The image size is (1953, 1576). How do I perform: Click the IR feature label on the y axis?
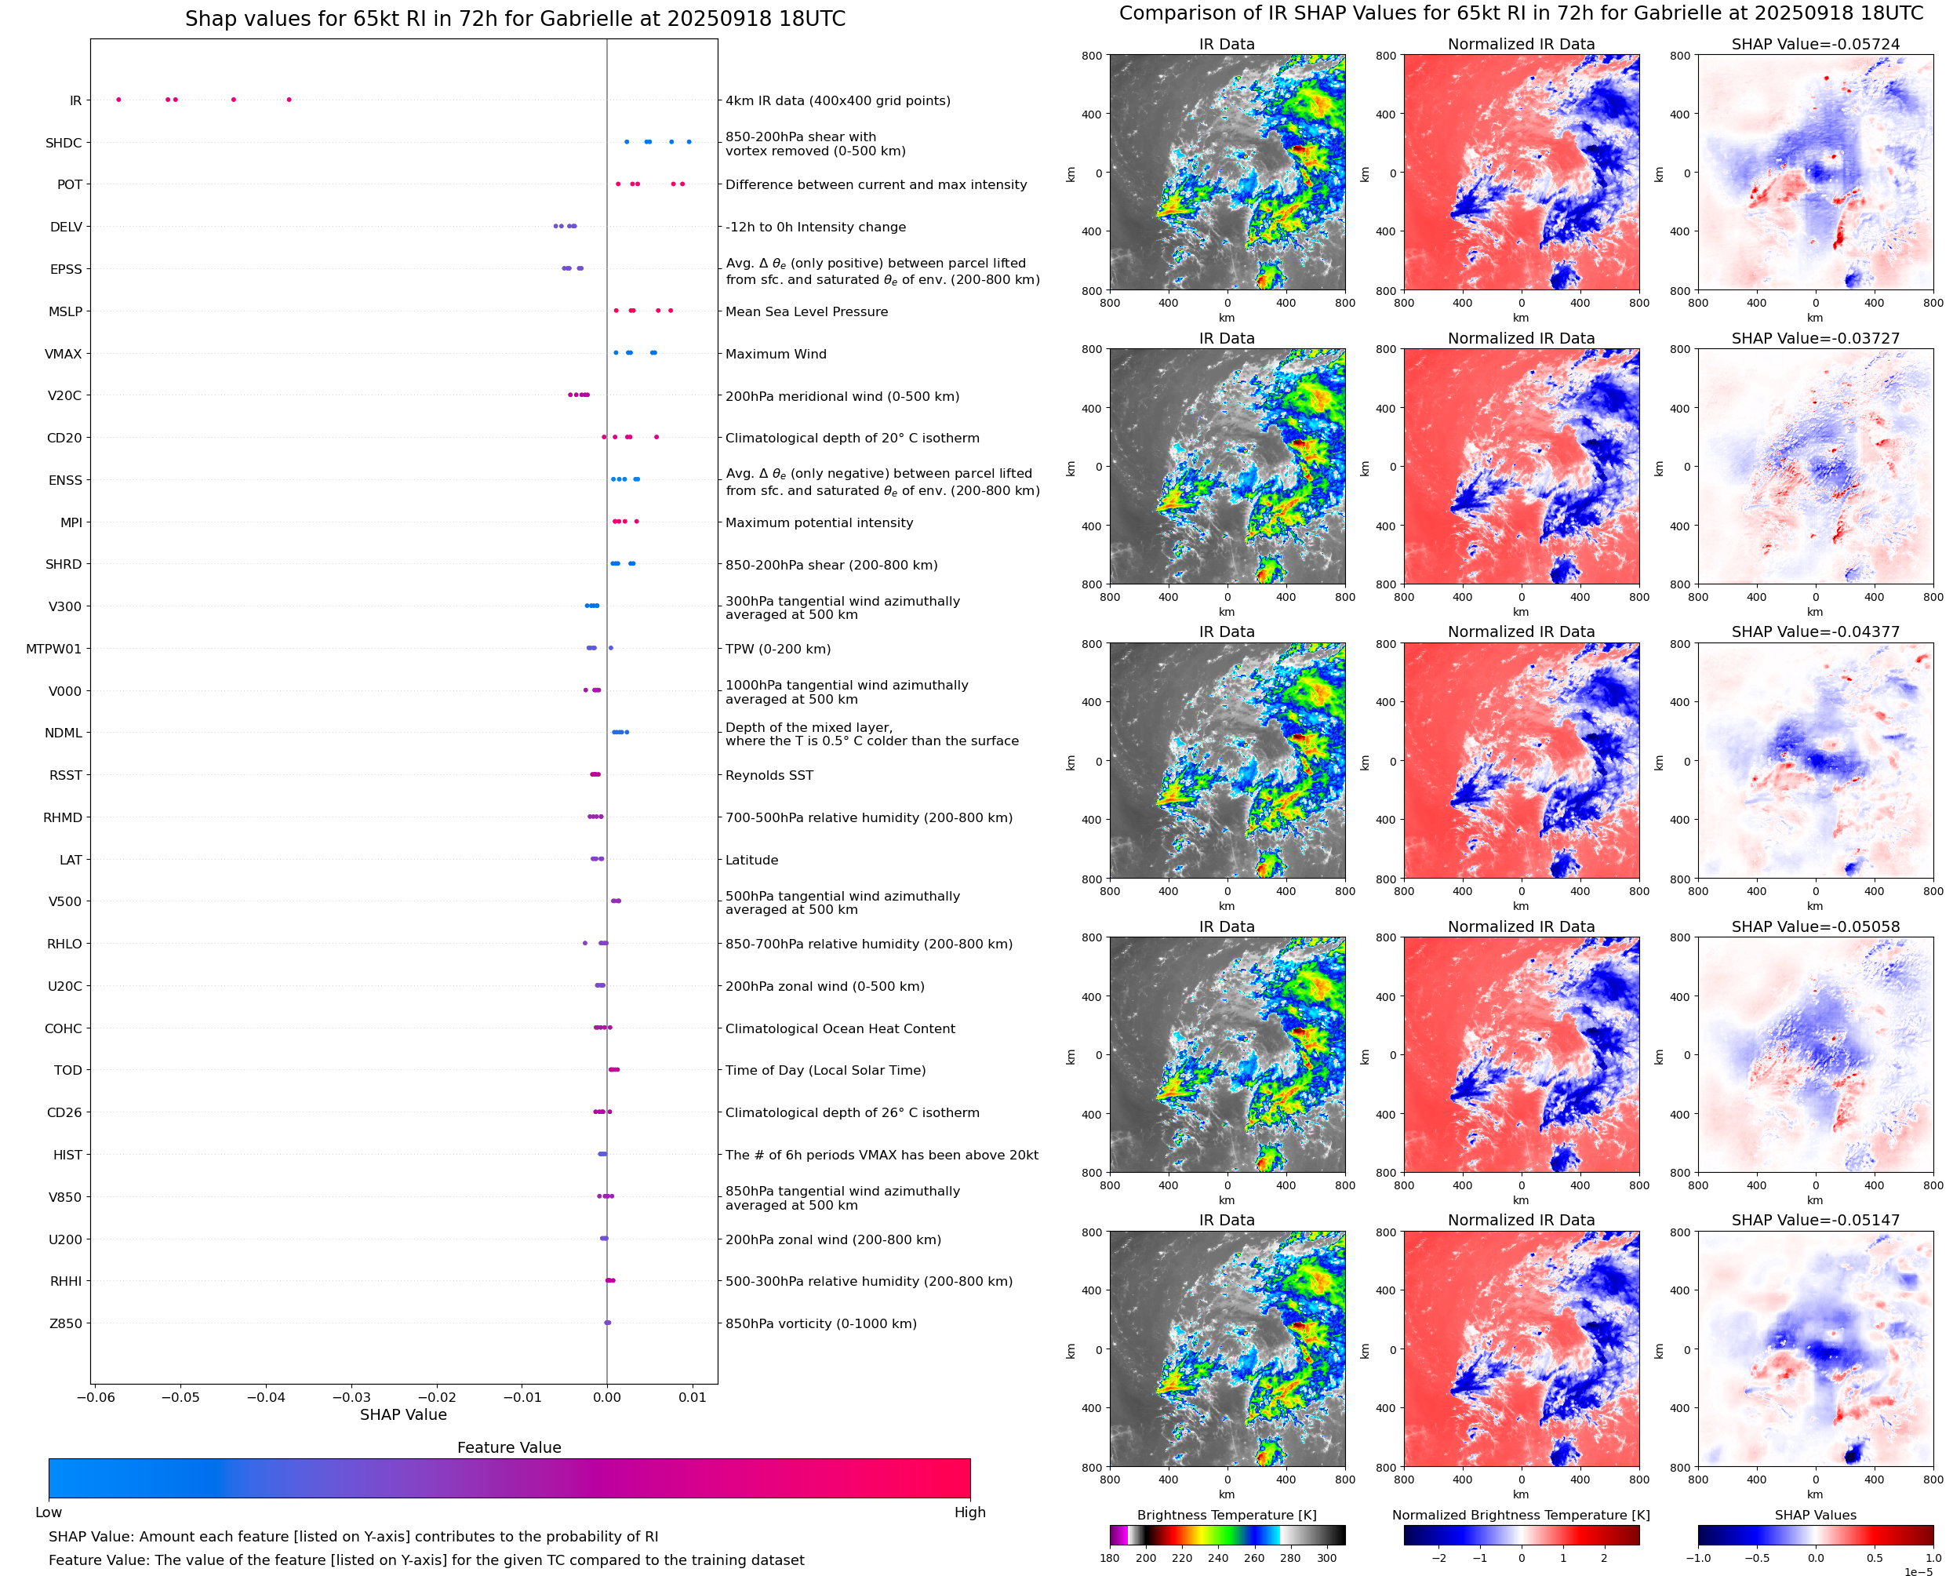75,100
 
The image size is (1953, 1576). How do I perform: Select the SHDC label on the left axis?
64,143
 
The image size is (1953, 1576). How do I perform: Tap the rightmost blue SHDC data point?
689,142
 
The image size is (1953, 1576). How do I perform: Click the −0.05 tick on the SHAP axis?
180,1397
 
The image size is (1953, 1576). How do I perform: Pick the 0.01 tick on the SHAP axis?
692,1397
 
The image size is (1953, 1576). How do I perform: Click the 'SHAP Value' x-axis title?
403,1414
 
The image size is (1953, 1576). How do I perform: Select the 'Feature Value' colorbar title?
508,1447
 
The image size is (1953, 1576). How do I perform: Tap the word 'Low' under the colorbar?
48,1512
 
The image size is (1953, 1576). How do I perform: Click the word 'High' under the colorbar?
969,1512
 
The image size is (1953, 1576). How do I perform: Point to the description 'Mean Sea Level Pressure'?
806,311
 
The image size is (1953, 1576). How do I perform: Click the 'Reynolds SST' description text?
769,775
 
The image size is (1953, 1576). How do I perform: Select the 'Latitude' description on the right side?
751,860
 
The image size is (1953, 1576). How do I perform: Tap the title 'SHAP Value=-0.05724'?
1815,44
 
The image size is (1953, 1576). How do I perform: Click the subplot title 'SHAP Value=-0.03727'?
1815,337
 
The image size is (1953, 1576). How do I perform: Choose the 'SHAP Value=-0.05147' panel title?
1815,1220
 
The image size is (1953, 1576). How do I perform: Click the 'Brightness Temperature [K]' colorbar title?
1226,1514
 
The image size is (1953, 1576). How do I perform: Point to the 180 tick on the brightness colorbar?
1110,1558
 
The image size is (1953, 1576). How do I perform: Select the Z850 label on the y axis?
65,1323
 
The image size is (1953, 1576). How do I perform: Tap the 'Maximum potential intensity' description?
819,523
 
